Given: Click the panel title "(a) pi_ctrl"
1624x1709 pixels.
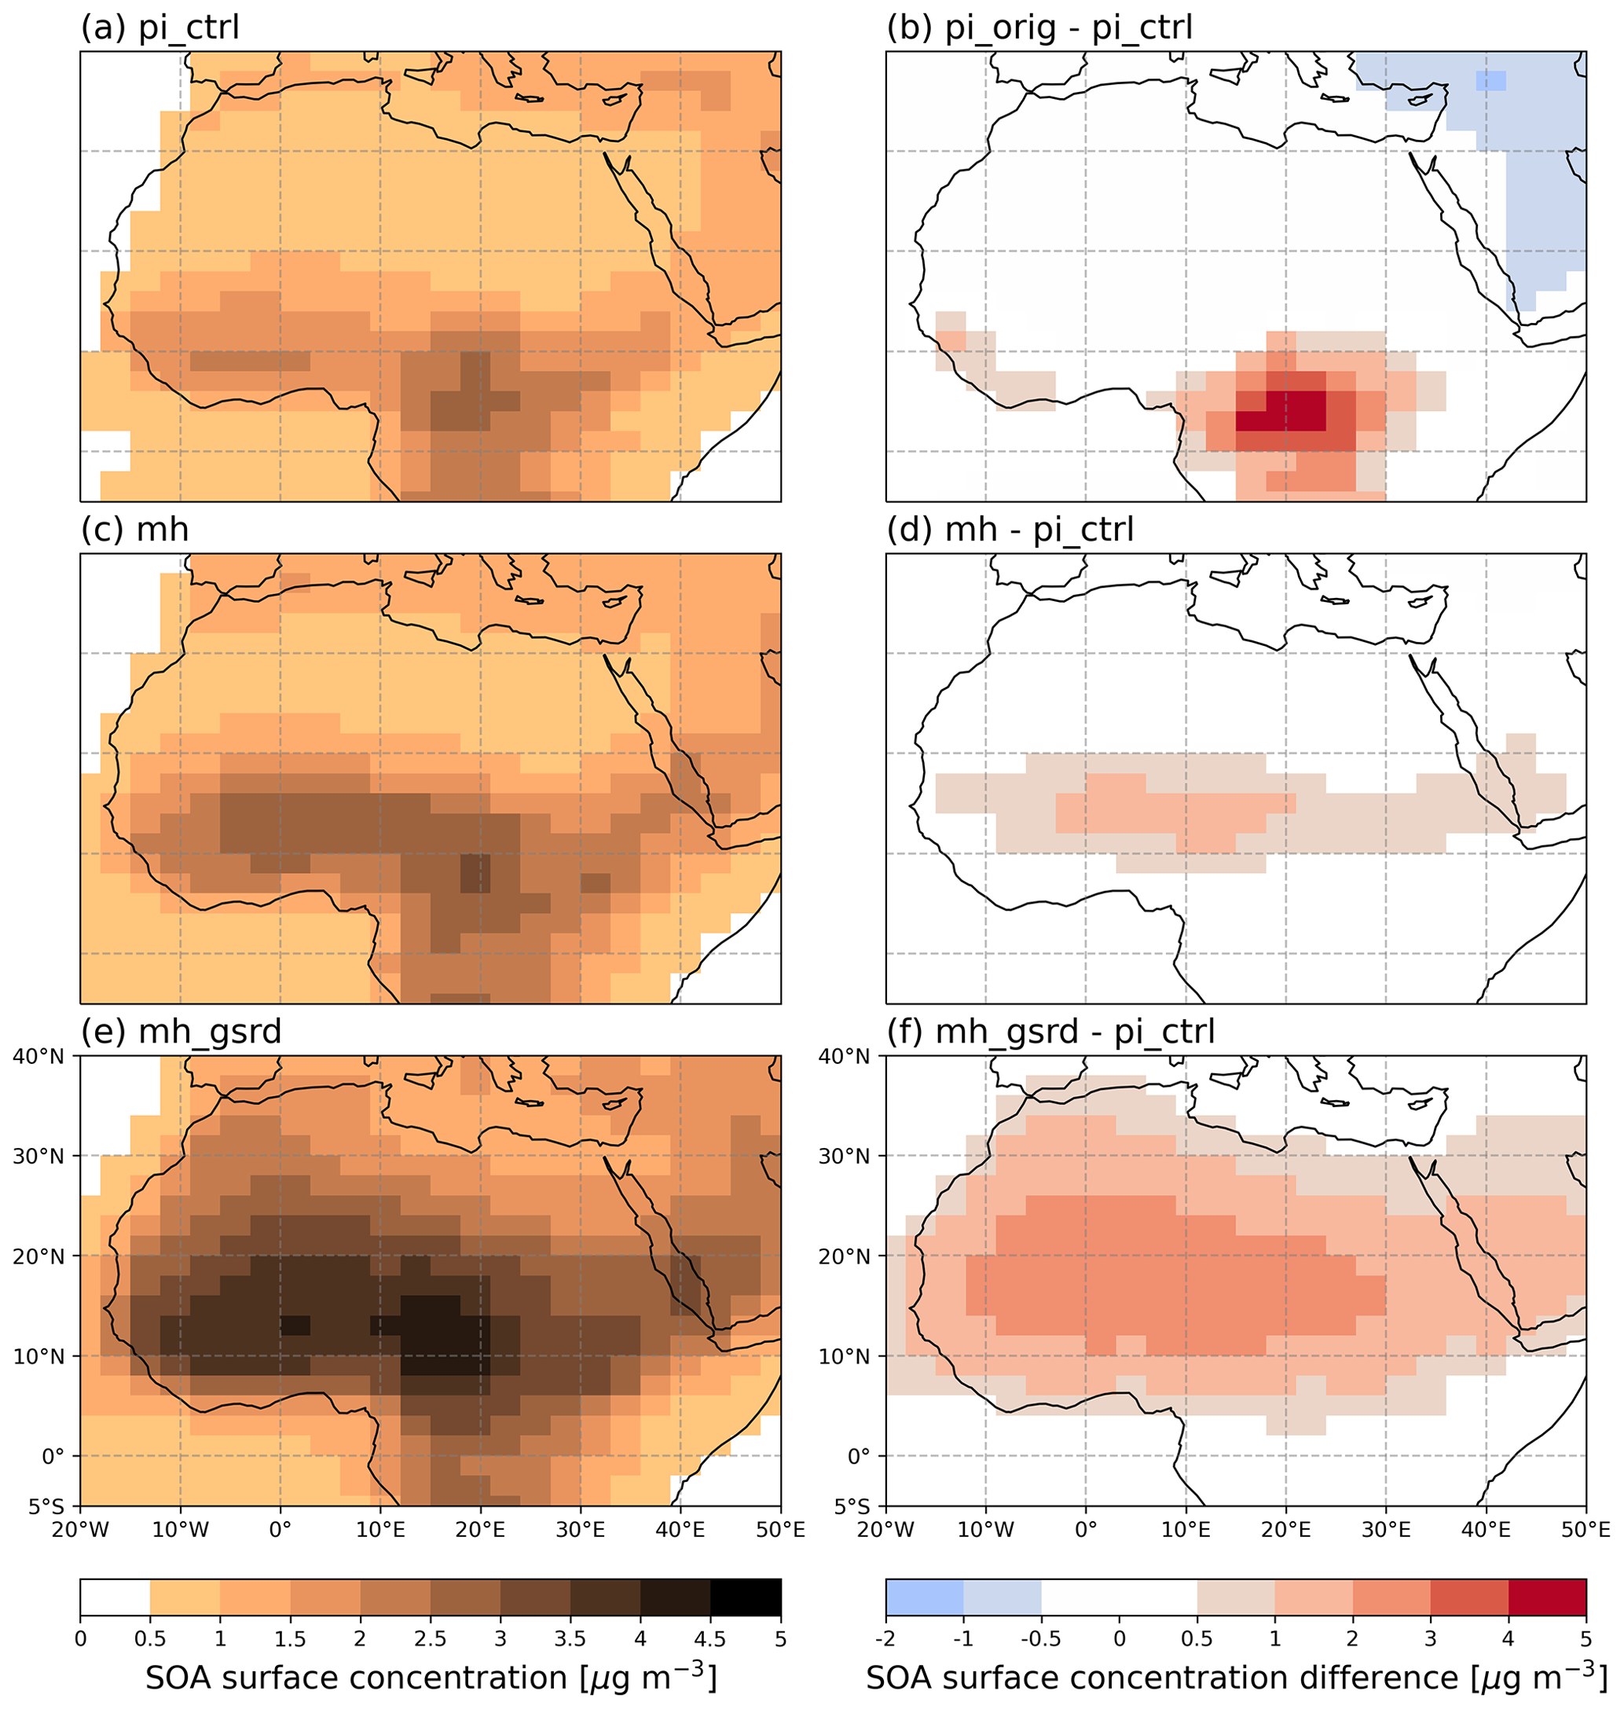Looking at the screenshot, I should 159,28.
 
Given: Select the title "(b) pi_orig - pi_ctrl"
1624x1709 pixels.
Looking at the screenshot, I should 1039,28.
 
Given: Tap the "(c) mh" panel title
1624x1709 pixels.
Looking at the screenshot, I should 134,530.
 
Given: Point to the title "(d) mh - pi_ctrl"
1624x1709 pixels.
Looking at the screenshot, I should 1010,530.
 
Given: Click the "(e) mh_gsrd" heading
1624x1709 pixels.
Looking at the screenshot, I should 181,1032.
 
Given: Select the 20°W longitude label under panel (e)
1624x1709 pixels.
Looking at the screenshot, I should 80,1531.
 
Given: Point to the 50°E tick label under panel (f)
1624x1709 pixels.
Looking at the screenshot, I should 1586,1531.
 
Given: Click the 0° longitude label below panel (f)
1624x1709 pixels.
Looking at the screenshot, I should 1086,1531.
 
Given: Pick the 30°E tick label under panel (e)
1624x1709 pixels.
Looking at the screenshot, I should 580,1531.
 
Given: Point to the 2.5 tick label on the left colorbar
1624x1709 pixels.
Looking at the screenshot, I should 431,1639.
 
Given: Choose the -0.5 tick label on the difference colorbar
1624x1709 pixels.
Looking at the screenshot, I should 1040,1639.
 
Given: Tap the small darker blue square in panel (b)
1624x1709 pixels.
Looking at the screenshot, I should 1490,80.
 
